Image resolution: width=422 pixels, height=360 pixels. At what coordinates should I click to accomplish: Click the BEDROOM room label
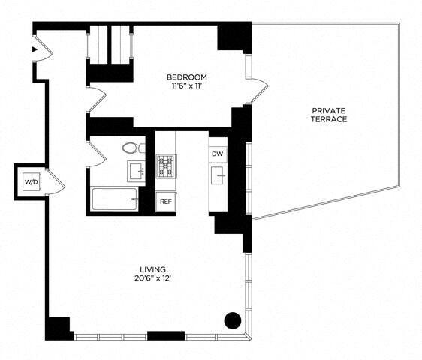187,77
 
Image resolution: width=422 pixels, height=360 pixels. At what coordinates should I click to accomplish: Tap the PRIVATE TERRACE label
330,115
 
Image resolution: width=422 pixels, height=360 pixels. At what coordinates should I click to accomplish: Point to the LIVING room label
152,269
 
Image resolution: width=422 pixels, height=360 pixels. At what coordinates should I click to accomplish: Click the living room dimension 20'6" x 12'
152,279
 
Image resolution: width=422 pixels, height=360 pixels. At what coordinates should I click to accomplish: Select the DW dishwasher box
218,154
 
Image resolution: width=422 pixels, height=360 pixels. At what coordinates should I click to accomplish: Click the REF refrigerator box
164,201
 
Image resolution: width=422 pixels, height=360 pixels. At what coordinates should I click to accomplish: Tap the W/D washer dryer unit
31,182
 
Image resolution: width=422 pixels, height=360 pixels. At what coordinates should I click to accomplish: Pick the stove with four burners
166,166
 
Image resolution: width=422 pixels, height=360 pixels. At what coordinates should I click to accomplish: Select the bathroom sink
136,171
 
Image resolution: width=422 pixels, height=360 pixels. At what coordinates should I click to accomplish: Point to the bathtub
115,200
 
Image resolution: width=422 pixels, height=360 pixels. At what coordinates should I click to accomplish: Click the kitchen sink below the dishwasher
219,177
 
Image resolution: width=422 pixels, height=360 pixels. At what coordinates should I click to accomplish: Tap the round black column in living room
234,319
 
